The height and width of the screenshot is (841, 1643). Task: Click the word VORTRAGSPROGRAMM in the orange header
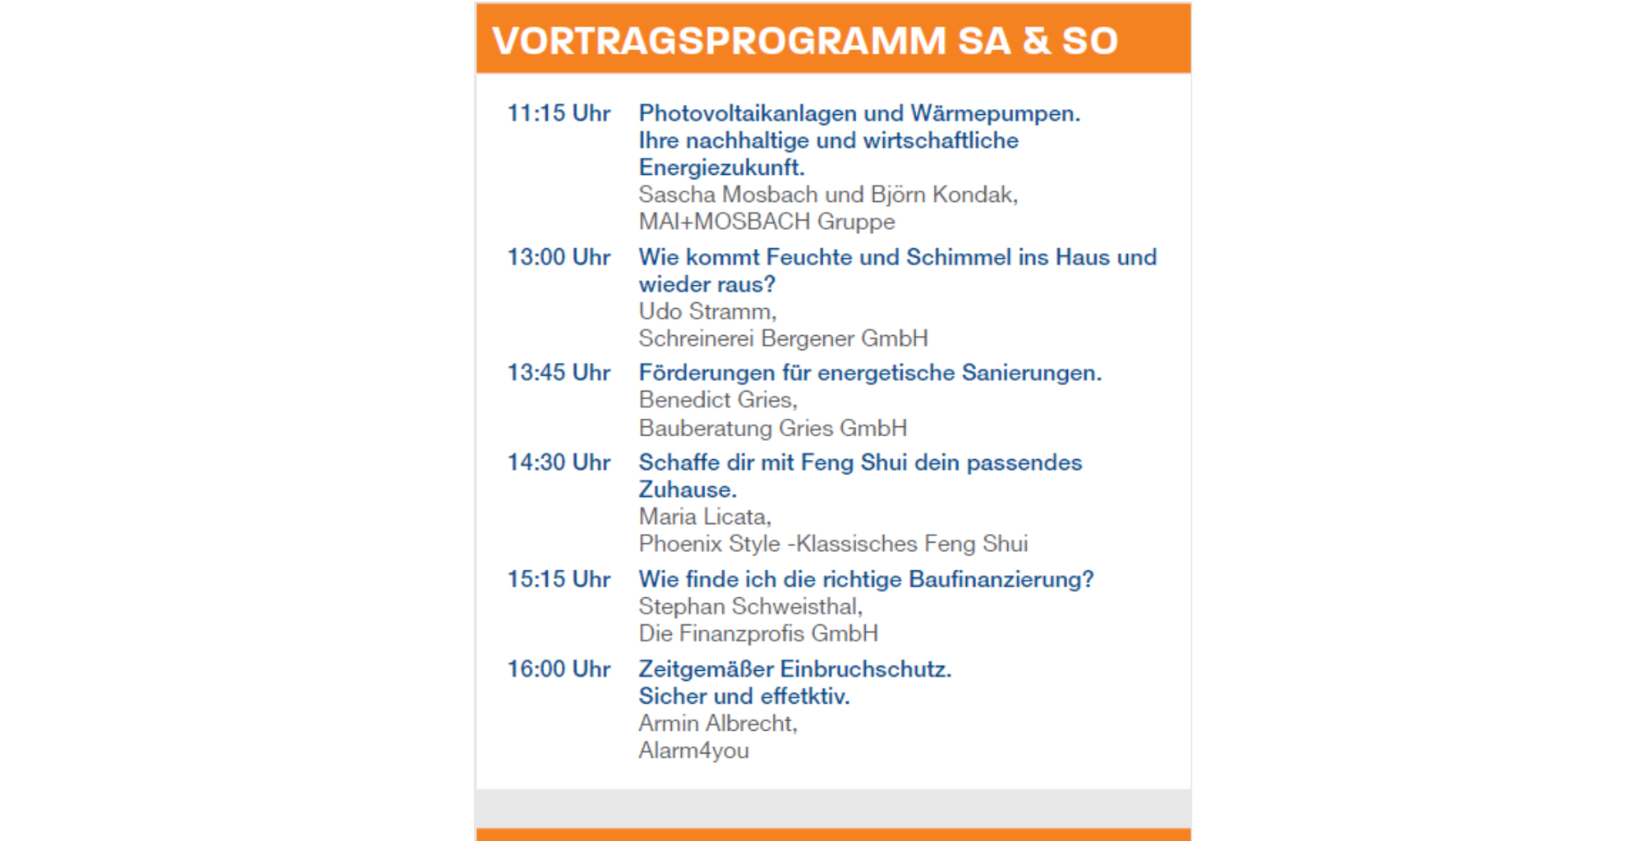[x=719, y=41]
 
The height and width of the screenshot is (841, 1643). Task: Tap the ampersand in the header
[x=1037, y=41]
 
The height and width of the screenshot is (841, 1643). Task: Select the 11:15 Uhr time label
[x=559, y=113]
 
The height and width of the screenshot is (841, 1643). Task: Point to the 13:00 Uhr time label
[x=559, y=257]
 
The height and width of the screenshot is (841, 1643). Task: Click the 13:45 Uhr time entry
[x=559, y=373]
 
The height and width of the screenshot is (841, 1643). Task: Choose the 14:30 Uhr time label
[x=559, y=462]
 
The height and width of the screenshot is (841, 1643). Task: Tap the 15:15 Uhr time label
[x=559, y=579]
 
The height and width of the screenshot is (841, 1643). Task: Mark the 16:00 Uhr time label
[x=559, y=669]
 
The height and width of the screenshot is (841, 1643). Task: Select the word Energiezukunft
[x=721, y=168]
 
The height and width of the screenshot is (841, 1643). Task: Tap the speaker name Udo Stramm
[x=706, y=311]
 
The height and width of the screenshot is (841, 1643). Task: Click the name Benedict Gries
[x=717, y=400]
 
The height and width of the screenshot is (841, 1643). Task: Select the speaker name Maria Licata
[x=704, y=517]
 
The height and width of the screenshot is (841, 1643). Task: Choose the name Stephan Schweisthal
[x=750, y=606]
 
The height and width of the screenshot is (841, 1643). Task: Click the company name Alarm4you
[x=693, y=751]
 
